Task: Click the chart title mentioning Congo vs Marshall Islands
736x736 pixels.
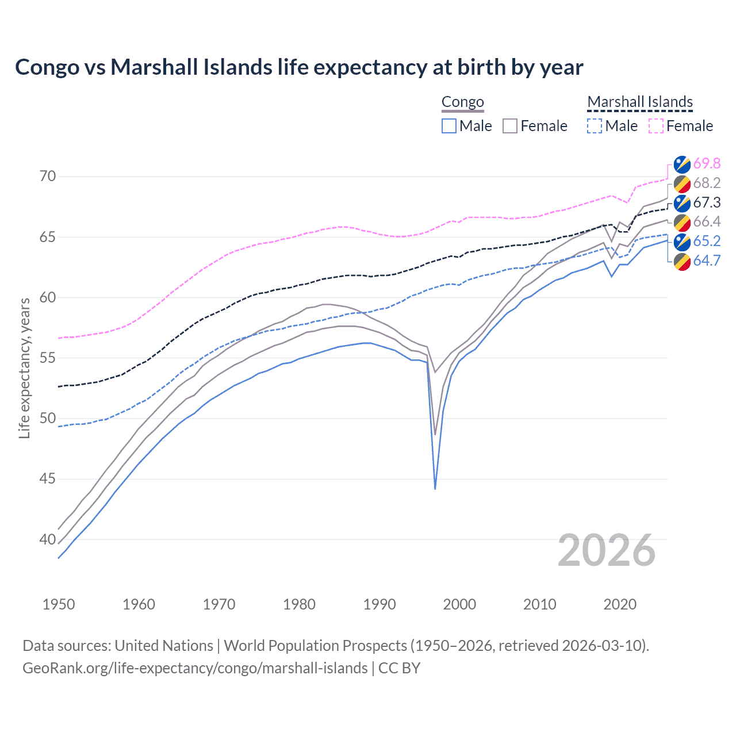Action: pos(299,67)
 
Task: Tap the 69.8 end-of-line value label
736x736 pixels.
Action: pos(707,164)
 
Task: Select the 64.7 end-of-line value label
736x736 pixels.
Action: pos(707,261)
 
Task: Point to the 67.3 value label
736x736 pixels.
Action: pos(707,203)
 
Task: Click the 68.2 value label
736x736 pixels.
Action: pos(707,183)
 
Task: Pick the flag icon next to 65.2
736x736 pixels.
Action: pos(682,241)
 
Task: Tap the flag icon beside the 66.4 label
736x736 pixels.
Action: pos(682,223)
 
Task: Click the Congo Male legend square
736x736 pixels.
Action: pos(449,126)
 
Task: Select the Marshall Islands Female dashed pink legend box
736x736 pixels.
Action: pos(656,126)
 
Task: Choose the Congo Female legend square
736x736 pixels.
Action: pos(510,126)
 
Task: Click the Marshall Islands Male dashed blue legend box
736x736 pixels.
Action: pos(595,126)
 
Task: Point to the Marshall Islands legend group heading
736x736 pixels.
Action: pos(640,102)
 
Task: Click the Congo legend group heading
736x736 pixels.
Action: pos(463,102)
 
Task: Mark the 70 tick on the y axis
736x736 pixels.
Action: pos(48,177)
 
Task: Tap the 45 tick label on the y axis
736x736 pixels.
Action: pos(48,479)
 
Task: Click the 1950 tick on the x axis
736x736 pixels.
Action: pos(59,604)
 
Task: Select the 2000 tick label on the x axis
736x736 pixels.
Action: pos(459,604)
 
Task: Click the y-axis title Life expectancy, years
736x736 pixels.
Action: pos(25,368)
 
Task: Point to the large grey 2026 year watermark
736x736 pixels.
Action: pos(607,550)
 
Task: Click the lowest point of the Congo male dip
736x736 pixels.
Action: pos(435,489)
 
